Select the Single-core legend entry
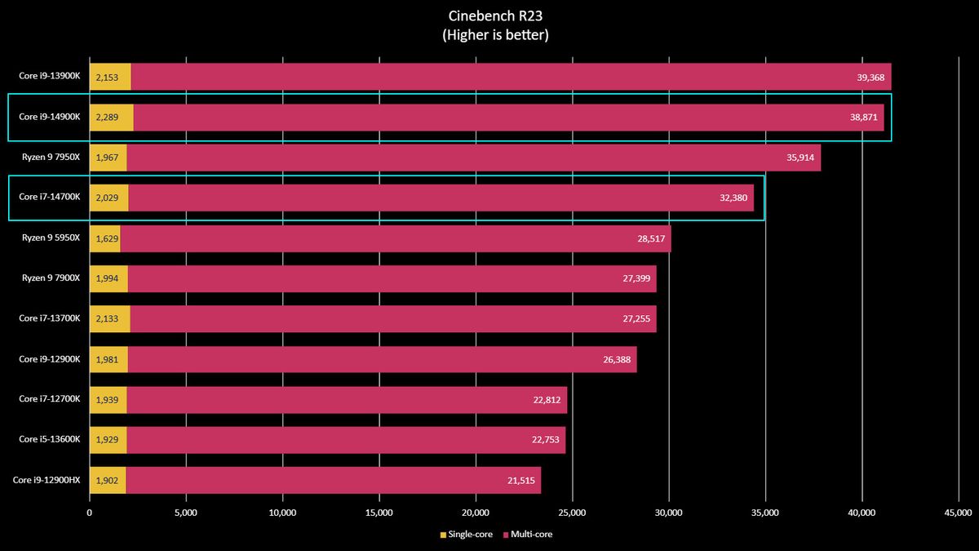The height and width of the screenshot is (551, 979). pyautogui.click(x=467, y=535)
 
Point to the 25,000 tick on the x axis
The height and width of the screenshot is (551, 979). pyautogui.click(x=572, y=513)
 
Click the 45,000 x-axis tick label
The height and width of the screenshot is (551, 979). pyautogui.click(x=959, y=513)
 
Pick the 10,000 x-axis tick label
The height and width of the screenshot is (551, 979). pyautogui.click(x=282, y=513)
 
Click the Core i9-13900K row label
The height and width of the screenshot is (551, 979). pyautogui.click(x=50, y=77)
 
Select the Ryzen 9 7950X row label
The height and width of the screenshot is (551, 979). pyautogui.click(x=51, y=158)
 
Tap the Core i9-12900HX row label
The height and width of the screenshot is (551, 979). pyautogui.click(x=47, y=480)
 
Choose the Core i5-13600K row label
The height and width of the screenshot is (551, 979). pyautogui.click(x=50, y=440)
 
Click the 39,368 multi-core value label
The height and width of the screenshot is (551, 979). pyautogui.click(x=868, y=77)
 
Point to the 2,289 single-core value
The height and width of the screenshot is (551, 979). pyautogui.click(x=108, y=118)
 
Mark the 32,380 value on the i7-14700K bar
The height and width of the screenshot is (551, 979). pyautogui.click(x=737, y=198)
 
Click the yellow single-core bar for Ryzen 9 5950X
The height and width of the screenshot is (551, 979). pyautogui.click(x=104, y=238)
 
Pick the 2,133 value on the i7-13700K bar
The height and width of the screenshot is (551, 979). pyautogui.click(x=108, y=319)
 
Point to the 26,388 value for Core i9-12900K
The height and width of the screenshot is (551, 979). pyautogui.click(x=617, y=359)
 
